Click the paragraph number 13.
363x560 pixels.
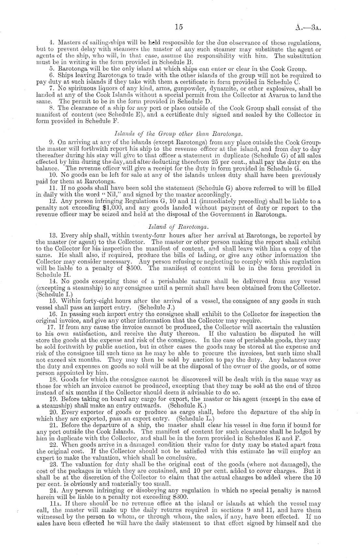coord(53,235)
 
